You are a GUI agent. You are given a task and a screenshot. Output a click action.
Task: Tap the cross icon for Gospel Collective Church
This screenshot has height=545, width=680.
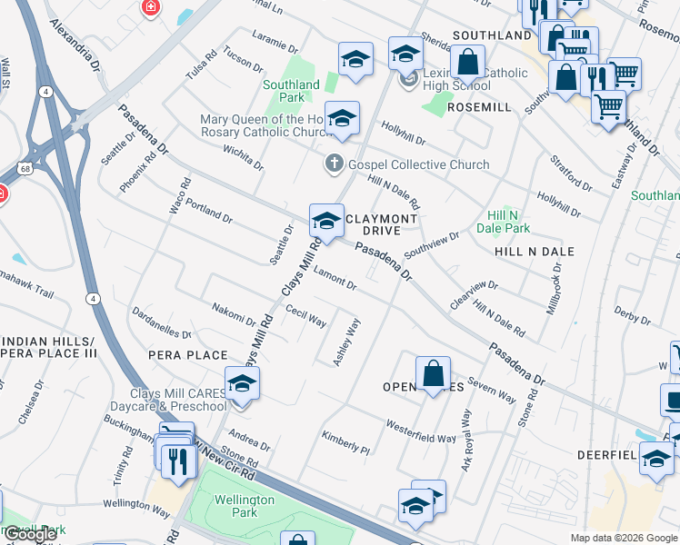point(334,164)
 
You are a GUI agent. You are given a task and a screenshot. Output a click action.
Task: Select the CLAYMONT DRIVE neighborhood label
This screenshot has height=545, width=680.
point(382,224)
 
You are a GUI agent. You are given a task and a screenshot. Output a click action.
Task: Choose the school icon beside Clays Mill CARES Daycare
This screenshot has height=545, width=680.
point(242,384)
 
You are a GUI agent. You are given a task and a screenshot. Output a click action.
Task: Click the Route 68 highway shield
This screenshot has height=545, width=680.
point(25,169)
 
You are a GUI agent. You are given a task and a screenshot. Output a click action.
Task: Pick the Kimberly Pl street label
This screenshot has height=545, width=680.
point(345,443)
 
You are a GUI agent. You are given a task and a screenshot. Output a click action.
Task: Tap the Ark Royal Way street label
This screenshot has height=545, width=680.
point(466,441)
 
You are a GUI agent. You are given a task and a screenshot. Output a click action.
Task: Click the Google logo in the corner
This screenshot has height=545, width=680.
point(31,535)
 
